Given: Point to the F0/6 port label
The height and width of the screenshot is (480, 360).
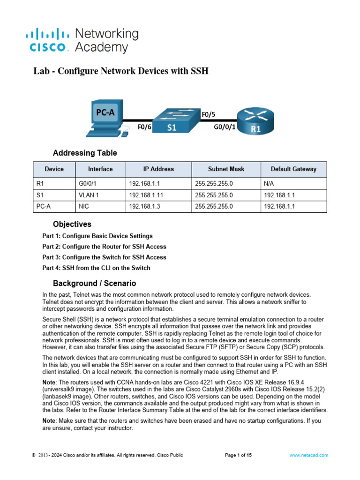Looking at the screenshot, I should (144, 127).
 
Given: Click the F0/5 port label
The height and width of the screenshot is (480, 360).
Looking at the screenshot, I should (209, 114).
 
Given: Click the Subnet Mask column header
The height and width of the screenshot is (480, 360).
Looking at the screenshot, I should (226, 169).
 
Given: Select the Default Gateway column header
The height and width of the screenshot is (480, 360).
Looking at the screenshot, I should (293, 169).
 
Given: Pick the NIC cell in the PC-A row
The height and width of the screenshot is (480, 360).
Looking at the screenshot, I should (84, 206).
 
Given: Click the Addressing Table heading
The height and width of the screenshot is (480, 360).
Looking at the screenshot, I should (85, 153).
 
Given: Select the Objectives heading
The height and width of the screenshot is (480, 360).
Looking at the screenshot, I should (72, 224).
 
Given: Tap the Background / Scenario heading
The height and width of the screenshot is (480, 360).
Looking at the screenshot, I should (94, 283).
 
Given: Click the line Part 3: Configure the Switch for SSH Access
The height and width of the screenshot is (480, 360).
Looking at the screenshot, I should (104, 257).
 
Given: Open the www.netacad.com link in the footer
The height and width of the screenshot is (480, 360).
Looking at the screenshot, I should (308, 455).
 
